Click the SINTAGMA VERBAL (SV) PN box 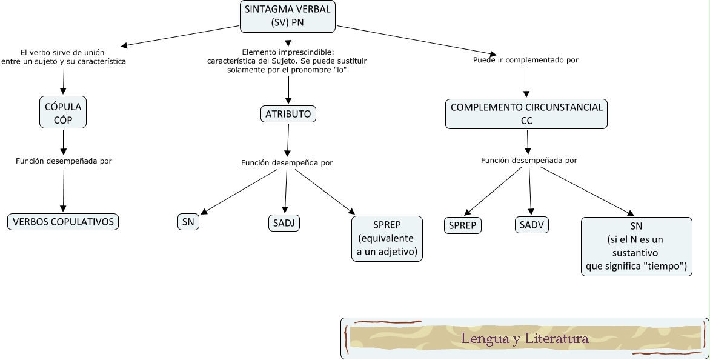click(288, 16)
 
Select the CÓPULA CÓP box click(63, 113)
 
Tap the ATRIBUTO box click(288, 113)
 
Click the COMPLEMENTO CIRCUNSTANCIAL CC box click(526, 113)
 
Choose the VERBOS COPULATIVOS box click(63, 222)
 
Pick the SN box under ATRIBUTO click(188, 222)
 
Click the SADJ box click(284, 223)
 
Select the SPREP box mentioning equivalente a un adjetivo click(387, 238)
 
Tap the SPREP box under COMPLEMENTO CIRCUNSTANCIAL click(462, 225)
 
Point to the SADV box click(531, 225)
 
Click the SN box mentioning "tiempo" click(635, 246)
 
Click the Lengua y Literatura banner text click(525, 338)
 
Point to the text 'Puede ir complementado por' click(525, 60)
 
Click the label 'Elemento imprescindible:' click(288, 52)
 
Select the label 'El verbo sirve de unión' click(62, 52)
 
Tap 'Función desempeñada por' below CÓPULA click(64, 161)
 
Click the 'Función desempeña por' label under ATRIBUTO click(287, 162)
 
